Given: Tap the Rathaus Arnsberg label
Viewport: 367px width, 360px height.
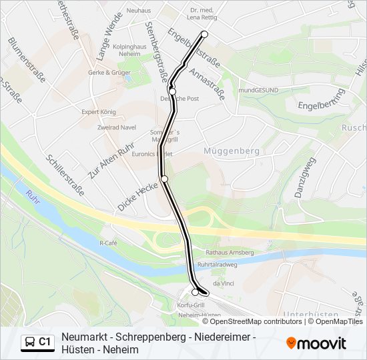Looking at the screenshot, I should [230, 253].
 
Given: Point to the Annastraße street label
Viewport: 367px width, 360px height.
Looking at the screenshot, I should [206, 83].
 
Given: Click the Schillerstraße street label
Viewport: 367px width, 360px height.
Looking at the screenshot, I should [65, 175].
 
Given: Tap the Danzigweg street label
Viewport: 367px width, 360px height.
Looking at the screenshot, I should [304, 177].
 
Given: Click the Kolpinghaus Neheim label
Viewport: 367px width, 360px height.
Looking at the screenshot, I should [130, 51].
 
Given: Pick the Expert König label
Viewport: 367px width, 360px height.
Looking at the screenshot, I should [99, 112].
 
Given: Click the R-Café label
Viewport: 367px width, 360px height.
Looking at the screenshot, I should [108, 243].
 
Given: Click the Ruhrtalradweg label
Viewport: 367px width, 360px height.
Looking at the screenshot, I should [218, 264].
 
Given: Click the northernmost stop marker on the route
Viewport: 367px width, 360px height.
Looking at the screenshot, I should [204, 34].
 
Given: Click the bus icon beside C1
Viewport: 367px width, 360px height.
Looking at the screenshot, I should [30, 342].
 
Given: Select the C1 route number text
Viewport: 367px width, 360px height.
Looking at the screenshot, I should [45, 342].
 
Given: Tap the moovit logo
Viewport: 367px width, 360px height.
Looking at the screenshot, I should [316, 343].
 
